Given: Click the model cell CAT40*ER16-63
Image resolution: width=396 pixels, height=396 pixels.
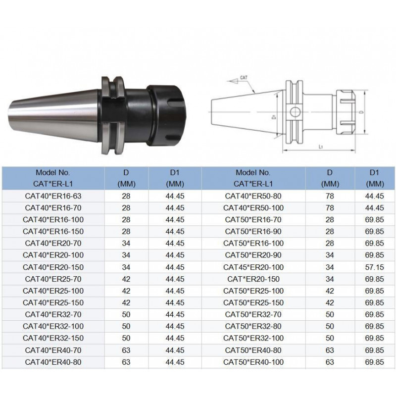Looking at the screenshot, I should tap(53, 196).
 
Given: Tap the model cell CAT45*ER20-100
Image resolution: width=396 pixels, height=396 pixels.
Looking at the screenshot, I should tap(253, 267).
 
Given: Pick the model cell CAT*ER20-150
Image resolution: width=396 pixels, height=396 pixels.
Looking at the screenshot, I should tap(253, 279).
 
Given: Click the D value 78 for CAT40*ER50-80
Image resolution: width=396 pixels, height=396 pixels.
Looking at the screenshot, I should tap(330, 196).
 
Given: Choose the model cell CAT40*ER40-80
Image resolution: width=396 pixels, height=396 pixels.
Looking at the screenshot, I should tap(53, 362).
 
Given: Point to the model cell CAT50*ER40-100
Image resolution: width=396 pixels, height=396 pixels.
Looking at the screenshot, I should tap(253, 362).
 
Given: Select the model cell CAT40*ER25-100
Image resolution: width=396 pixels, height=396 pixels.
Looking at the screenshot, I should tap(53, 291).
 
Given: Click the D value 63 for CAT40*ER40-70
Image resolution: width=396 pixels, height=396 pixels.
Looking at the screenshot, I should tap(126, 350).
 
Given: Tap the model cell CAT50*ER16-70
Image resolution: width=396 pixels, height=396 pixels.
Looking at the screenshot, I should tap(253, 219).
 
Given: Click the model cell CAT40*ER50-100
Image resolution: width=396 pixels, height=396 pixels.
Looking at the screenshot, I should tap(253, 207).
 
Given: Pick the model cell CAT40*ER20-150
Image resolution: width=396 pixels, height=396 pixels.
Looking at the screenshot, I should tap(53, 267).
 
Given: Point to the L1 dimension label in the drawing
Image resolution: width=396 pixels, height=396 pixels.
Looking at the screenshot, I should tap(321, 148).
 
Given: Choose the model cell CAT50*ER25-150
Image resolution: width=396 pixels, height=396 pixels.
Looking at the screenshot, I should tap(253, 302).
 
